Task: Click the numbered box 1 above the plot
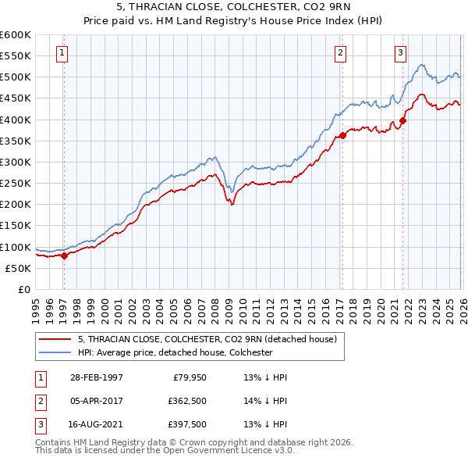62,53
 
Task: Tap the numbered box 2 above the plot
341,53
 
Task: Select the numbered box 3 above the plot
400,53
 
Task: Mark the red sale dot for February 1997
64,256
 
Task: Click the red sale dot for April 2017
342,135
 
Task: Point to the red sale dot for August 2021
403,120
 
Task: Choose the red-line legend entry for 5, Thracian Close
206,339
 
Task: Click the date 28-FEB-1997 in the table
96,377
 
